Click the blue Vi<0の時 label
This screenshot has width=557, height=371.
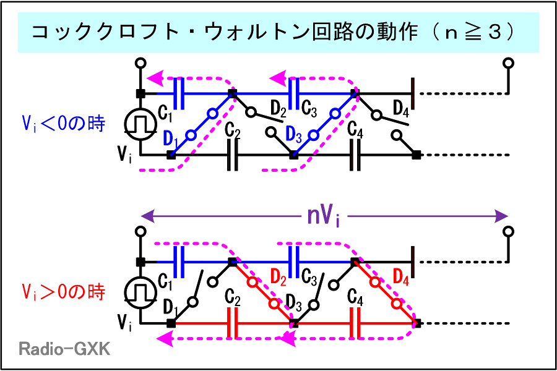tap(63, 124)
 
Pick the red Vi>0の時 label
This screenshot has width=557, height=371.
tap(63, 291)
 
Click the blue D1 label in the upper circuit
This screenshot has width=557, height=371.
tap(172, 138)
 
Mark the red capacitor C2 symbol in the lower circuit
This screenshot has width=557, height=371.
tap(233, 323)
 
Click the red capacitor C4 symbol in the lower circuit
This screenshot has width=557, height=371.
tap(355, 323)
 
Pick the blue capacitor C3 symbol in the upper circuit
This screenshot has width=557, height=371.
tap(295, 93)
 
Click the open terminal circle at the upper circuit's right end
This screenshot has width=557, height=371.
tap(509, 63)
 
